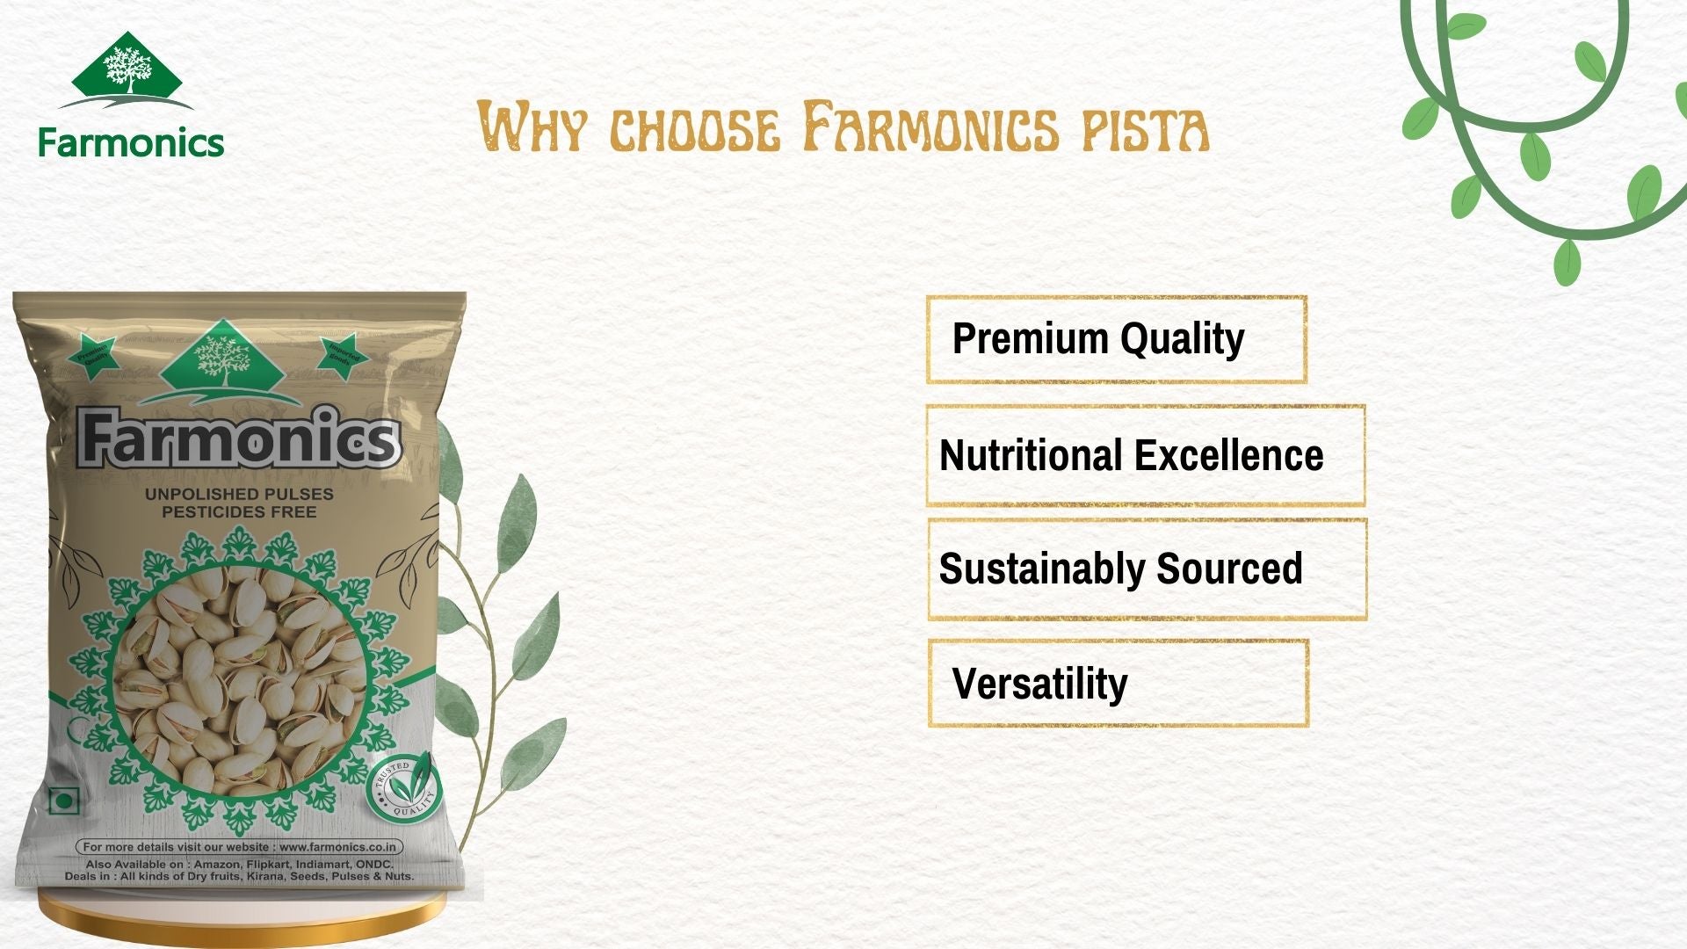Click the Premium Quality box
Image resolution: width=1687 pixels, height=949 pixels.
[x=1116, y=339]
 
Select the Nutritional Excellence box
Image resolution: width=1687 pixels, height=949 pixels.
[x=1145, y=455]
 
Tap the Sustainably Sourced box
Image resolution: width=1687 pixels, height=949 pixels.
[x=1147, y=569]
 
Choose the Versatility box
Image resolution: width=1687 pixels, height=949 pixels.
[x=1118, y=684]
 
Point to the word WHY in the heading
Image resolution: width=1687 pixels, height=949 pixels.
[x=531, y=127]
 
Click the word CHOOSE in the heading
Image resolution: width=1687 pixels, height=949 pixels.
[x=694, y=129]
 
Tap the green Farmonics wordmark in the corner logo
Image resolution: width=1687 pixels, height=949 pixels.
[x=131, y=142]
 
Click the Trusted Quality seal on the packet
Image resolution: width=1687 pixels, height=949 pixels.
[x=404, y=787]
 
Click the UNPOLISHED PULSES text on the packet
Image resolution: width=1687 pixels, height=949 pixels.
[x=239, y=494]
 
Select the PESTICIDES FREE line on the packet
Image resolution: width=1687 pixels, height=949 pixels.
[x=239, y=511]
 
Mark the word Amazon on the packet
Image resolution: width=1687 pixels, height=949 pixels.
[x=216, y=865]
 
